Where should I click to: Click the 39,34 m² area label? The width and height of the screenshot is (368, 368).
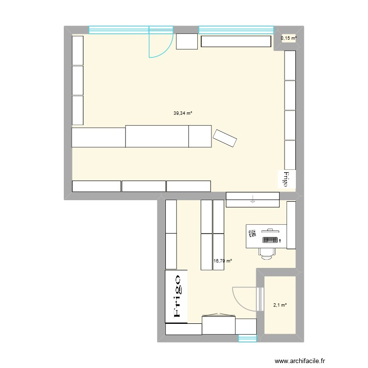coord(183,113)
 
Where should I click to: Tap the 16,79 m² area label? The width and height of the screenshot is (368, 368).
coord(222,261)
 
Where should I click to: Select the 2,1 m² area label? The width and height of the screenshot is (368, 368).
coord(279,305)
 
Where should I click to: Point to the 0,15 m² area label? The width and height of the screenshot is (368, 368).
coord(288,38)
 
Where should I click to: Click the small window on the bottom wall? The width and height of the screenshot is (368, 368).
coord(247,338)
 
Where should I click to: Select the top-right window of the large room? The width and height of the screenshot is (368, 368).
coord(236,29)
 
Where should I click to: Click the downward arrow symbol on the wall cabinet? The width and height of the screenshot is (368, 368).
coord(252,199)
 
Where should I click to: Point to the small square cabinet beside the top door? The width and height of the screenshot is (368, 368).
coord(186,42)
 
